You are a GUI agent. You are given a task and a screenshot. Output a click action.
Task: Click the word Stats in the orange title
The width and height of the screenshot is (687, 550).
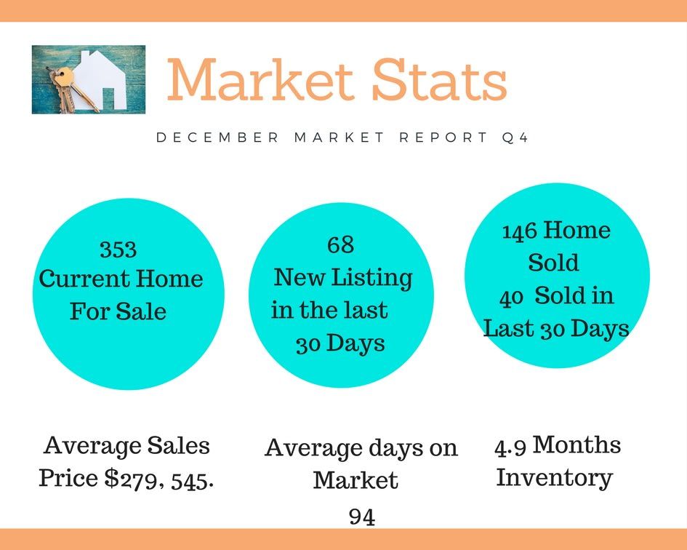[x=439, y=79]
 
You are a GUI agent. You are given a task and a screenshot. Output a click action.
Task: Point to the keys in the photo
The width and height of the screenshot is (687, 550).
[x=70, y=90]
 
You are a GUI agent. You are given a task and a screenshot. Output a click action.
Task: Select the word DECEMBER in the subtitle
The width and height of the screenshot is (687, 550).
[x=217, y=137]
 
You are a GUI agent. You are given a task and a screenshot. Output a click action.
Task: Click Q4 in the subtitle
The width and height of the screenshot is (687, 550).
[x=515, y=137]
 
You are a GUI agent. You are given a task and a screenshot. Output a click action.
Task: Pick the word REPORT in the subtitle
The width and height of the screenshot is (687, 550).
[x=443, y=137]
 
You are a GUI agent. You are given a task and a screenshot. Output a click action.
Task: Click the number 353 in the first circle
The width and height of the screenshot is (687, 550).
[x=118, y=249]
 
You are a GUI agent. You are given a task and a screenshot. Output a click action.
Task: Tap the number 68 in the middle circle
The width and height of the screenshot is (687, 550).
[x=340, y=244]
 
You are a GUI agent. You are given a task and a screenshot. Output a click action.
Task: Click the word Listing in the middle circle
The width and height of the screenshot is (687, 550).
[x=371, y=279]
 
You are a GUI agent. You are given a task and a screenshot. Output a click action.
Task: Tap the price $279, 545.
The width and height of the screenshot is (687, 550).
[x=159, y=479]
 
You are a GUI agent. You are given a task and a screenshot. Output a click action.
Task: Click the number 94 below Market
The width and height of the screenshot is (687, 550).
[x=362, y=517]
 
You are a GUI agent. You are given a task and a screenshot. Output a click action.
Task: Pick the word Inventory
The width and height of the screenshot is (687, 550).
[x=554, y=478]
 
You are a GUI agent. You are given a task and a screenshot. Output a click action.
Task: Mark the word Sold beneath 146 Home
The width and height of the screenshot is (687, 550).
[x=553, y=263]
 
